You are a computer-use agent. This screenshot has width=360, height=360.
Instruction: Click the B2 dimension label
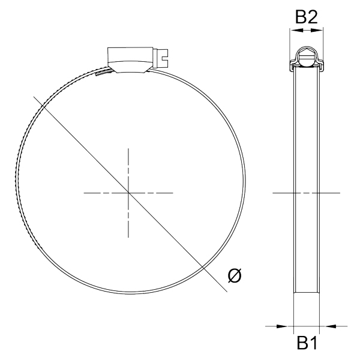click(306, 17)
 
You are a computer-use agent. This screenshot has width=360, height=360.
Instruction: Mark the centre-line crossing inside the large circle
click(128, 193)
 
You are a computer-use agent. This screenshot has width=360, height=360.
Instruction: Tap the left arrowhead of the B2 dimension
click(292, 33)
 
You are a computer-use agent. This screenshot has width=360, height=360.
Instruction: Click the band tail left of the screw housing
click(102, 74)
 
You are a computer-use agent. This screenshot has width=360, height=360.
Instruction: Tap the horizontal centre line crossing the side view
click(307, 193)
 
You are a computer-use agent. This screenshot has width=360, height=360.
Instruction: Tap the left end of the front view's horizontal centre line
click(85, 193)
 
